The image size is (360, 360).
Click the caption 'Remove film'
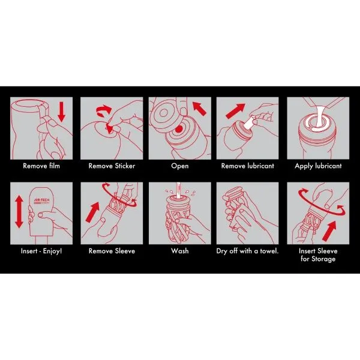[x=41, y=166]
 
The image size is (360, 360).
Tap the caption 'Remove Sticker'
[x=112, y=166]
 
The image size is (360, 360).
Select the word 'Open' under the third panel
[x=180, y=166]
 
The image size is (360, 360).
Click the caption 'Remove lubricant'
[x=247, y=166]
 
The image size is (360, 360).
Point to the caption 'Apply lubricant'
[x=318, y=166]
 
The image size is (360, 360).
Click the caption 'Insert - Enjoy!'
[x=41, y=251]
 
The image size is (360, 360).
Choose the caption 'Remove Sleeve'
[x=112, y=251]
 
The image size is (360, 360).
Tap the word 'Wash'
[x=180, y=251]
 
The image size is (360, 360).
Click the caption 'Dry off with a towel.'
[x=247, y=251]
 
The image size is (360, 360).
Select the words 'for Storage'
[x=318, y=259]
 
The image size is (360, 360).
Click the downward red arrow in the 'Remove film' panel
[x=61, y=112]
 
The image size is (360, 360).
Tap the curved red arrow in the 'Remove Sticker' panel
[x=103, y=110]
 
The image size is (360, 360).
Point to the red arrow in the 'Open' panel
[x=199, y=109]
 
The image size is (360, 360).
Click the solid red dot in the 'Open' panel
[x=179, y=129]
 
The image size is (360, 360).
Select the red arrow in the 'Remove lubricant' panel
[x=235, y=111]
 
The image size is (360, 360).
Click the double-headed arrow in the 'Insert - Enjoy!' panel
[x=19, y=212]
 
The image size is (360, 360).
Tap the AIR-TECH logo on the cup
[x=41, y=201]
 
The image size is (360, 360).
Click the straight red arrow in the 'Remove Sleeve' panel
[x=93, y=212]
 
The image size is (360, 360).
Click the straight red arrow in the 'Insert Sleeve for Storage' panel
[x=329, y=231]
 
